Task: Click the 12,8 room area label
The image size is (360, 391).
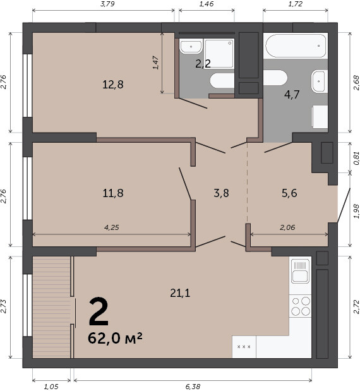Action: point(113,85)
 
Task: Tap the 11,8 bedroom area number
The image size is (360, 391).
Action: point(113,193)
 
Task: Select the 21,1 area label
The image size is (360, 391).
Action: point(180,292)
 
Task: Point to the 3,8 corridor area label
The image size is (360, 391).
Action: point(221,193)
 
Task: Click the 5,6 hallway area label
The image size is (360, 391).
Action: point(289,193)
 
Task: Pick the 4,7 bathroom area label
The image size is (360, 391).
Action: point(292,95)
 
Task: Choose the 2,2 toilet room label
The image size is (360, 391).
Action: point(203,64)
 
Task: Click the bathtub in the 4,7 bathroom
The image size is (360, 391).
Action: point(296,46)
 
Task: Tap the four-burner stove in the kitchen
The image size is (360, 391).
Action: point(301,306)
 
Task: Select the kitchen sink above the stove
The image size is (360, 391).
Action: point(301,271)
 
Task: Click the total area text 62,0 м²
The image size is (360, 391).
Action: point(115,338)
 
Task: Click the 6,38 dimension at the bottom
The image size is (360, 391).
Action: point(193,387)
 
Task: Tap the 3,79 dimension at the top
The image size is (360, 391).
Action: point(107,4)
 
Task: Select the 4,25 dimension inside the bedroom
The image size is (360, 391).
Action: point(111,227)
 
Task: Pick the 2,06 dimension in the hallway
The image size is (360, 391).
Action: point(287,227)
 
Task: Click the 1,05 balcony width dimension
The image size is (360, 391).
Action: point(51,387)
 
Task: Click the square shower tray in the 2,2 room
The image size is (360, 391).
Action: point(219,53)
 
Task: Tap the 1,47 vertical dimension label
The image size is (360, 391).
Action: point(155,63)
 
